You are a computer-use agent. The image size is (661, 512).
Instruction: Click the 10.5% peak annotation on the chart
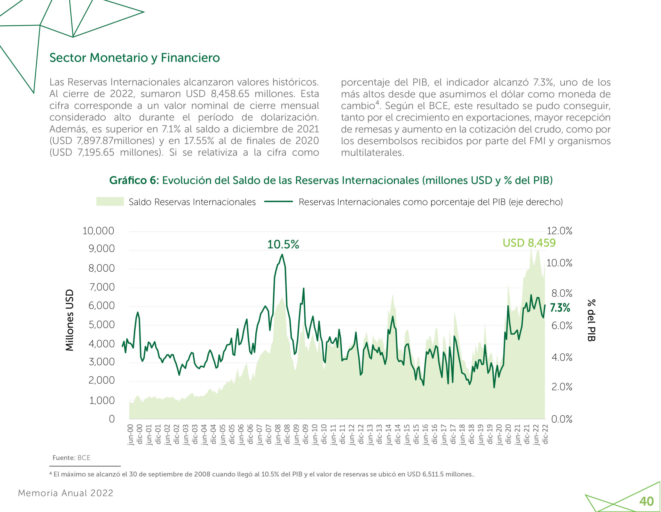283,244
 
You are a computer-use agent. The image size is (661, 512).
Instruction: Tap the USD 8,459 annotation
529,243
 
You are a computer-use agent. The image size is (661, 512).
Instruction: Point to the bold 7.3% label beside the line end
560,308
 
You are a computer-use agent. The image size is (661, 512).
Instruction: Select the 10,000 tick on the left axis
98,231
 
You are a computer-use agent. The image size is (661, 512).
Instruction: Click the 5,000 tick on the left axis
101,324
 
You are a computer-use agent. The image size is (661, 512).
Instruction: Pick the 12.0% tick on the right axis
559,231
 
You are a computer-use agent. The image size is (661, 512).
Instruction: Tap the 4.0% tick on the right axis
562,357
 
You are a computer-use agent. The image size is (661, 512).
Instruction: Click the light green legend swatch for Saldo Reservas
110,202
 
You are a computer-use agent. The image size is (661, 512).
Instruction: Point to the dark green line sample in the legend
278,202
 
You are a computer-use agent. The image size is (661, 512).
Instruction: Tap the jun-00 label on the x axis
130,434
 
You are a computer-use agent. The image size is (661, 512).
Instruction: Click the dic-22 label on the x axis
545,434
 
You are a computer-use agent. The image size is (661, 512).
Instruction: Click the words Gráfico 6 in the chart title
133,180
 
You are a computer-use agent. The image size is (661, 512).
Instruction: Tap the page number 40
646,501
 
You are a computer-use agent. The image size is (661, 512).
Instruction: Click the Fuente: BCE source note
72,457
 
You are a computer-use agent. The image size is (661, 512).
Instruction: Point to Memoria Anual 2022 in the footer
65,493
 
